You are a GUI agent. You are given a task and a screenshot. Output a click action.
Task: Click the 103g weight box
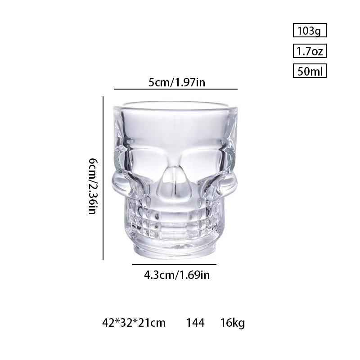[309, 31]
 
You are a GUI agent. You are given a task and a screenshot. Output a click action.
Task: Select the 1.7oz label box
[309, 51]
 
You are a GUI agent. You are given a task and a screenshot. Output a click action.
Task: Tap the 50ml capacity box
[309, 71]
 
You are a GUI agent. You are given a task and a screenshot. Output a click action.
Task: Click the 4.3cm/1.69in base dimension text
[177, 274]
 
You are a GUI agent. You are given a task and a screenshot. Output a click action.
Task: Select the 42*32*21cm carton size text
[134, 323]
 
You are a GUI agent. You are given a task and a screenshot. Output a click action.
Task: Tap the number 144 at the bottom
[195, 323]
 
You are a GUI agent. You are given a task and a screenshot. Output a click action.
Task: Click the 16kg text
[233, 323]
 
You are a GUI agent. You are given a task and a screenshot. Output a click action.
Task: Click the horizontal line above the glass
[175, 90]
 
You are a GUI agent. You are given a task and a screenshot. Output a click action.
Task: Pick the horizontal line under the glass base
[174, 265]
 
